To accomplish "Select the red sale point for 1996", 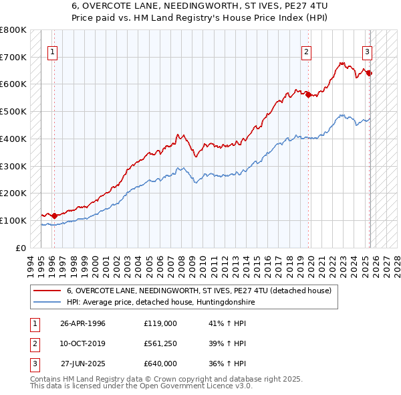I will (55, 216).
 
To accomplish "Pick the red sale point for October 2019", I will (308, 95).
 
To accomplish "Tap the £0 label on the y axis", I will (20, 248).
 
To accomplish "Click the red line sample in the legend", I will (46, 291).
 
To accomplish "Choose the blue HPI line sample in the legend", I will (46, 303).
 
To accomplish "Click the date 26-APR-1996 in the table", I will (83, 324).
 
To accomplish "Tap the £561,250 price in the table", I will (160, 343).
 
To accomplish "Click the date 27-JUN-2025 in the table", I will (83, 364).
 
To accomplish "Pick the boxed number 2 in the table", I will (33, 344).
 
